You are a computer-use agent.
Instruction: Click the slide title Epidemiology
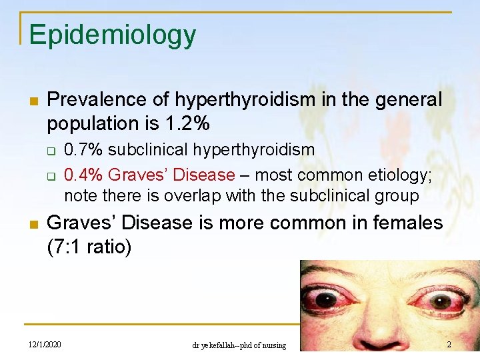tap(112, 35)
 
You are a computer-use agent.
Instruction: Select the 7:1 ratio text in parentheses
tap(89, 247)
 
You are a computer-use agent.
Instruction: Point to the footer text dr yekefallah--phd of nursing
tap(239, 345)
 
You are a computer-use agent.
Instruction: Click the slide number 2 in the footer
tap(449, 345)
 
